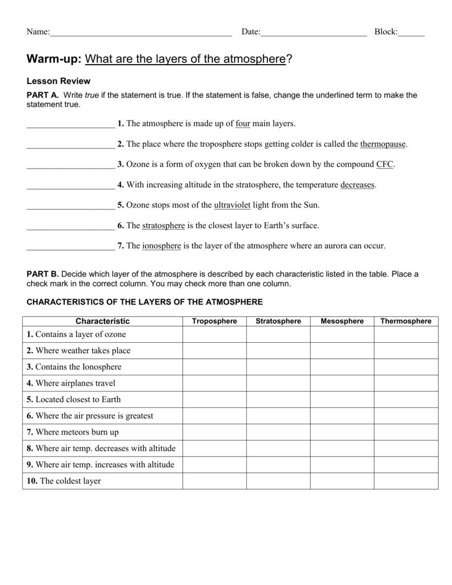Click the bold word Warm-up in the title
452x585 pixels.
tap(55, 59)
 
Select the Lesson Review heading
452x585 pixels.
tap(59, 81)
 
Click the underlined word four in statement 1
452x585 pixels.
tap(243, 123)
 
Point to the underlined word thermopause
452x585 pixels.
tap(383, 144)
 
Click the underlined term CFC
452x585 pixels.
tap(385, 165)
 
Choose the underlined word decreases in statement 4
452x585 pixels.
tap(358, 185)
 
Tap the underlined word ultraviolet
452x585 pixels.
tap(236, 205)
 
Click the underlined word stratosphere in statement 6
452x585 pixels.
tap(163, 226)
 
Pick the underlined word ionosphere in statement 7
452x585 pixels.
tap(161, 246)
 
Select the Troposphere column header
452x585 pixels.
tap(214, 321)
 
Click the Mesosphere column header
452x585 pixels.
tap(342, 321)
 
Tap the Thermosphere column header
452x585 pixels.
tap(406, 321)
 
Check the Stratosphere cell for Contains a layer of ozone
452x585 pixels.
tap(278, 335)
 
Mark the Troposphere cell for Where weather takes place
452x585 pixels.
tap(214, 351)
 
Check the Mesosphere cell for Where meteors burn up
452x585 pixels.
tap(342, 432)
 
